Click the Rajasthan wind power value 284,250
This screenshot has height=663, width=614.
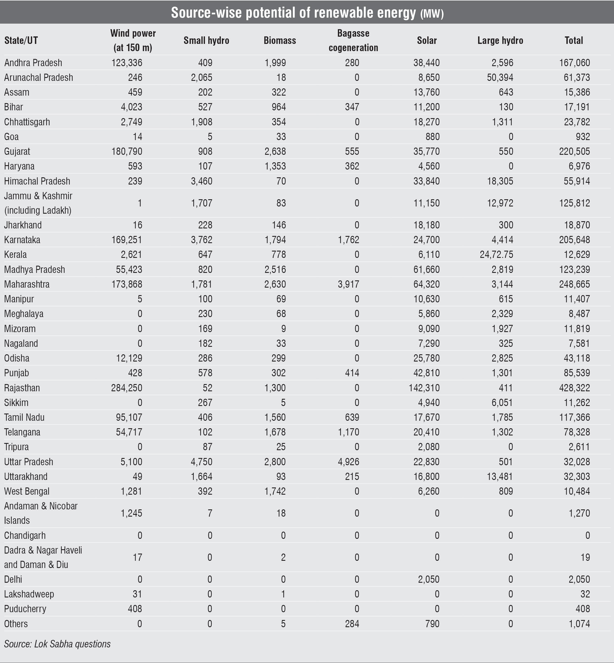point(127,388)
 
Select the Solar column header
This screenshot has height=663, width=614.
point(427,40)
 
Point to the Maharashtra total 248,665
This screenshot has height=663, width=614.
point(574,284)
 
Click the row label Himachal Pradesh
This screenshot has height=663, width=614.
point(37,181)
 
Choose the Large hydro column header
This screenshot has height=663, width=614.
point(500,40)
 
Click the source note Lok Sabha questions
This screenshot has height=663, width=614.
point(57,644)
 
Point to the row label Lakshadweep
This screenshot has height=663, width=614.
point(29,594)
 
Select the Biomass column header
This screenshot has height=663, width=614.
point(280,40)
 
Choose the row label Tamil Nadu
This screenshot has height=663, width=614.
point(24,417)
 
